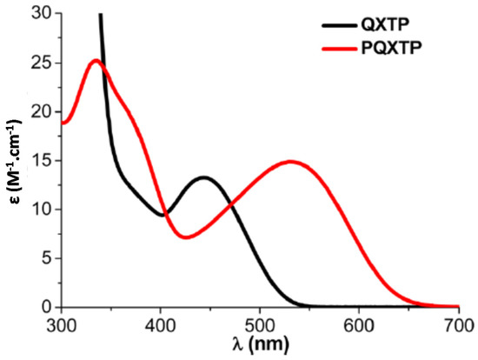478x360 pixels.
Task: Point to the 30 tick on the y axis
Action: pos(40,14)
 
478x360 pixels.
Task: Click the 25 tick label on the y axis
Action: pos(40,63)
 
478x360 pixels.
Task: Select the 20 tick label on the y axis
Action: pos(40,112)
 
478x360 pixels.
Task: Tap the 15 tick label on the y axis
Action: pos(40,161)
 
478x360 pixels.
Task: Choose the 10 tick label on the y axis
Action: pos(40,210)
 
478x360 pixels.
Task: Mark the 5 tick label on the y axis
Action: pos(44,258)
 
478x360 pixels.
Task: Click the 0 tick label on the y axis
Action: pos(44,307)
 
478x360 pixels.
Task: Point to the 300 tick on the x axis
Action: pos(62,324)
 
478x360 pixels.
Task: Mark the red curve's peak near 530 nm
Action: pos(290,161)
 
